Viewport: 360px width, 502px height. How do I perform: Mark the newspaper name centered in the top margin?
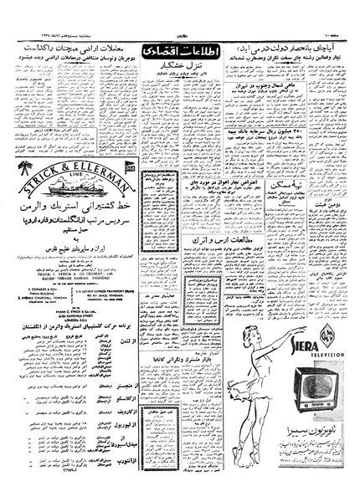coord(180,8)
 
